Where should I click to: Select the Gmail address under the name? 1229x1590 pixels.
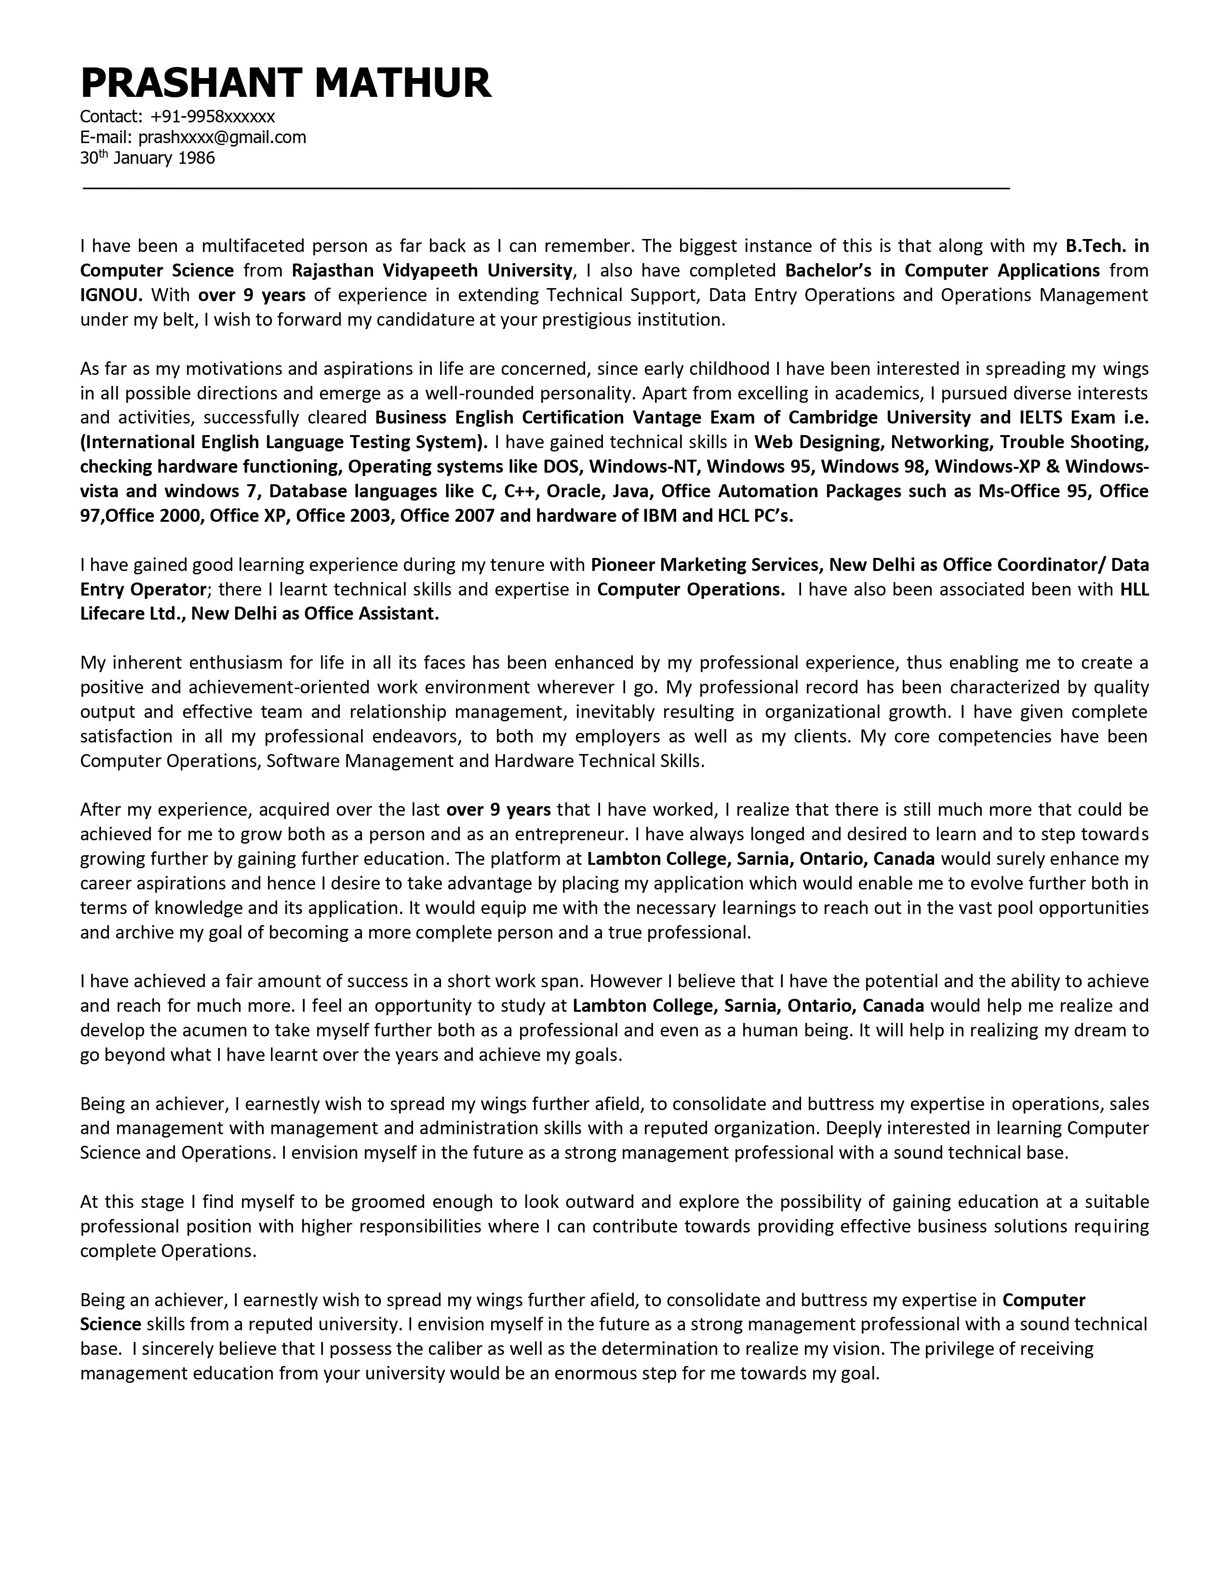click(x=222, y=137)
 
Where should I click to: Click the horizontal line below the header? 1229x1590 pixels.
click(x=546, y=188)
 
